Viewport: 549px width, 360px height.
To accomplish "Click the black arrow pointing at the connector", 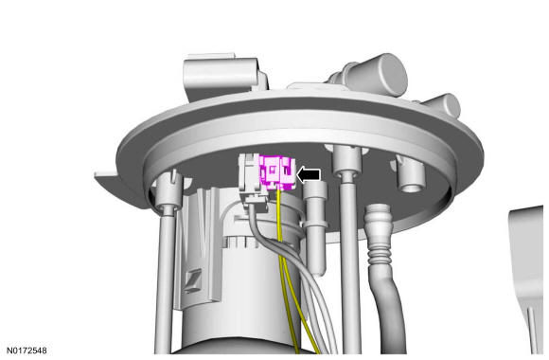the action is pyautogui.click(x=309, y=174).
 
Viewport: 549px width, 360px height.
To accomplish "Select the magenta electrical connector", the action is pyautogui.click(x=277, y=172).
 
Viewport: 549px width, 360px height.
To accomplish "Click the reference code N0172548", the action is pyautogui.click(x=27, y=351).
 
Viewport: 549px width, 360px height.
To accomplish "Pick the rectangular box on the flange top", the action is pyautogui.click(x=224, y=76).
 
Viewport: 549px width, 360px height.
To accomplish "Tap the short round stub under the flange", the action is pyautogui.click(x=411, y=174).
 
